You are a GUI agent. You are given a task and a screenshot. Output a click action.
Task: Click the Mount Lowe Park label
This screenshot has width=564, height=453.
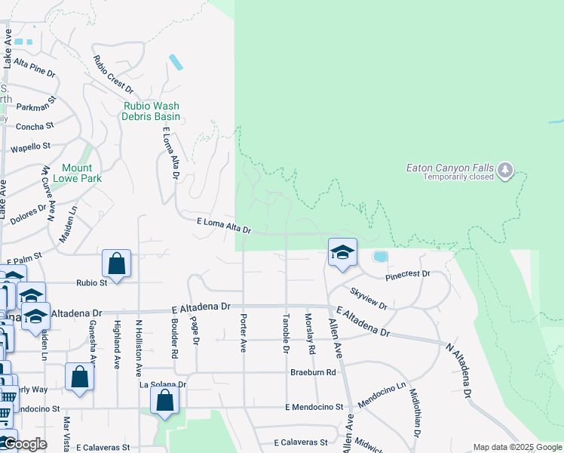click(77, 173)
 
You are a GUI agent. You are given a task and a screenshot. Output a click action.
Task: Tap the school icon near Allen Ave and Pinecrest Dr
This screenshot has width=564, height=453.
click(342, 253)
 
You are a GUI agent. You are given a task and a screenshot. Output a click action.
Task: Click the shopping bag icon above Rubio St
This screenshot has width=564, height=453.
click(116, 263)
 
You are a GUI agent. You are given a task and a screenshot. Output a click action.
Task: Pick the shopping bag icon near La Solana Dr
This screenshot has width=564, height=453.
click(164, 400)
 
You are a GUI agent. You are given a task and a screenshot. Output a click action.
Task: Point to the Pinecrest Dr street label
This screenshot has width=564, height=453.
click(407, 274)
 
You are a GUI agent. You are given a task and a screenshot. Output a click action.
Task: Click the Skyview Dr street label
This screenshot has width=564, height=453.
click(369, 298)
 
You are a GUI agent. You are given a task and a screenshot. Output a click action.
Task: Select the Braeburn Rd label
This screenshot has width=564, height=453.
click(313, 372)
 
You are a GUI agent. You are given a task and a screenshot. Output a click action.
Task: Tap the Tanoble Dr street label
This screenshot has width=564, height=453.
click(286, 333)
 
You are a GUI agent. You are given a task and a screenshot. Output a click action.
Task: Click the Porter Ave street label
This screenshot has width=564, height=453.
click(243, 333)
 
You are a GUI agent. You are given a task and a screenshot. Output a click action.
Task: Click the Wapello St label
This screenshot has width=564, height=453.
click(30, 146)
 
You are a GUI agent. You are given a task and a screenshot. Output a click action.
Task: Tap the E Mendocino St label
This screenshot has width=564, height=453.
click(314, 407)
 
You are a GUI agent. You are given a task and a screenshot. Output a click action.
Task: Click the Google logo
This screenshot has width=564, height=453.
click(24, 444)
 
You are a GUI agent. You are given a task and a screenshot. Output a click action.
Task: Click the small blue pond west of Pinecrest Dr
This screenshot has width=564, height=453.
click(380, 257)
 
